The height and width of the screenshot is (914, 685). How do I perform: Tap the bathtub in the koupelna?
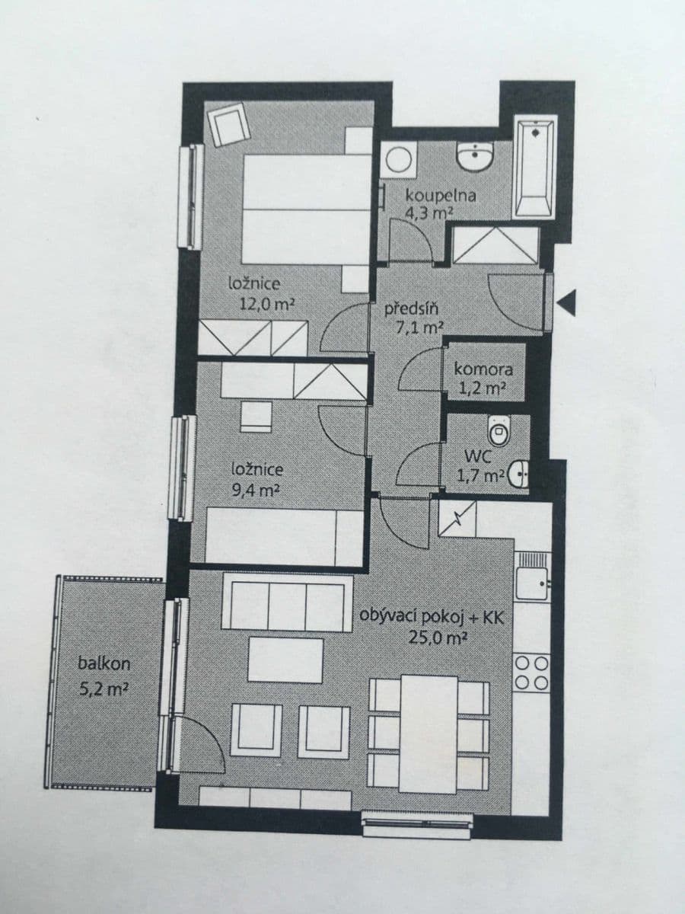coord(534,167)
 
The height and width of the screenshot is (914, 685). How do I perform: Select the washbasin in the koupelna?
coord(475,157)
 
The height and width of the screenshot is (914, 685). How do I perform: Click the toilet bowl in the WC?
coord(499,430)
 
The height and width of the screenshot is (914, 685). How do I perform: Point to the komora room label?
coord(483,369)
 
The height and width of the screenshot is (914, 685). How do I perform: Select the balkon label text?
coord(104,663)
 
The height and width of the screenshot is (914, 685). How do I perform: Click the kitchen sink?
coord(531,582)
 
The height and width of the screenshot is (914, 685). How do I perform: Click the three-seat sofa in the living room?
coord(287,604)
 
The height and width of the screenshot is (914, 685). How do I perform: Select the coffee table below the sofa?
coord(285,660)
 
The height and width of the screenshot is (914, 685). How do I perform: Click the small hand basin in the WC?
coord(518,476)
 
